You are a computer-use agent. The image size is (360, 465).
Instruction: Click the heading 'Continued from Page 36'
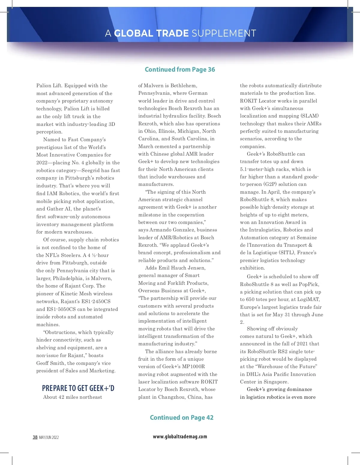[180, 70]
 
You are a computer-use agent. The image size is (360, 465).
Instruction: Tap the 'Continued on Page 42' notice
[181, 418]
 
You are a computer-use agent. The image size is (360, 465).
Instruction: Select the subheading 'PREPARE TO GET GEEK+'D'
[78, 388]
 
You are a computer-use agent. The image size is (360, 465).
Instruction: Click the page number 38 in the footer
[35, 437]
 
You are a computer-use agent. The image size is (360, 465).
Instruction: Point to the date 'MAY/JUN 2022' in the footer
[49, 437]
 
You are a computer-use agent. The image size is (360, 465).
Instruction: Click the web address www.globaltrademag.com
[180, 437]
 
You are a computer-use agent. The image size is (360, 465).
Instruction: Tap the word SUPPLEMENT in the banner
[224, 33]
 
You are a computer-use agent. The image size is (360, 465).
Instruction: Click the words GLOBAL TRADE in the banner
[151, 33]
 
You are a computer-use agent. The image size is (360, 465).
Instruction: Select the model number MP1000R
[193, 366]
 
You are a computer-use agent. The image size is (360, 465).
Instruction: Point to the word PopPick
[309, 284]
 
